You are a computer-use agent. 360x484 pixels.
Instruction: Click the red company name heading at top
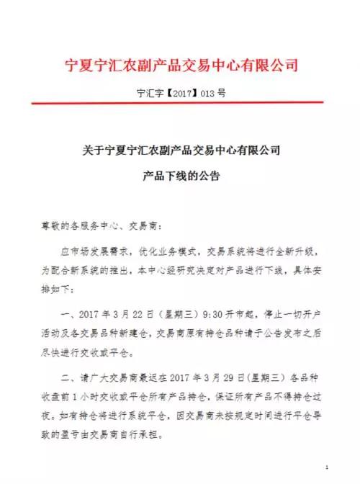[181, 65]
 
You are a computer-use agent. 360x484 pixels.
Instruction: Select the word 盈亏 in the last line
[71, 437]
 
